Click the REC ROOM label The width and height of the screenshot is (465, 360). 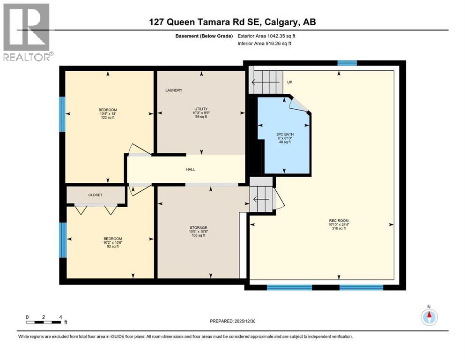pos(339,221)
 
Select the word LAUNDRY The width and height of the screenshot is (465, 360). pos(173,90)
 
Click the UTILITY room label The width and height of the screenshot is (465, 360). pos(201,108)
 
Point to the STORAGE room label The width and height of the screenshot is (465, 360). pos(201,227)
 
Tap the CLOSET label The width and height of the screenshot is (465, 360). pos(95,195)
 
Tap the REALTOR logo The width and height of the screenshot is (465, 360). pos(27,32)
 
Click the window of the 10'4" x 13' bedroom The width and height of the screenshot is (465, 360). pos(62,114)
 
